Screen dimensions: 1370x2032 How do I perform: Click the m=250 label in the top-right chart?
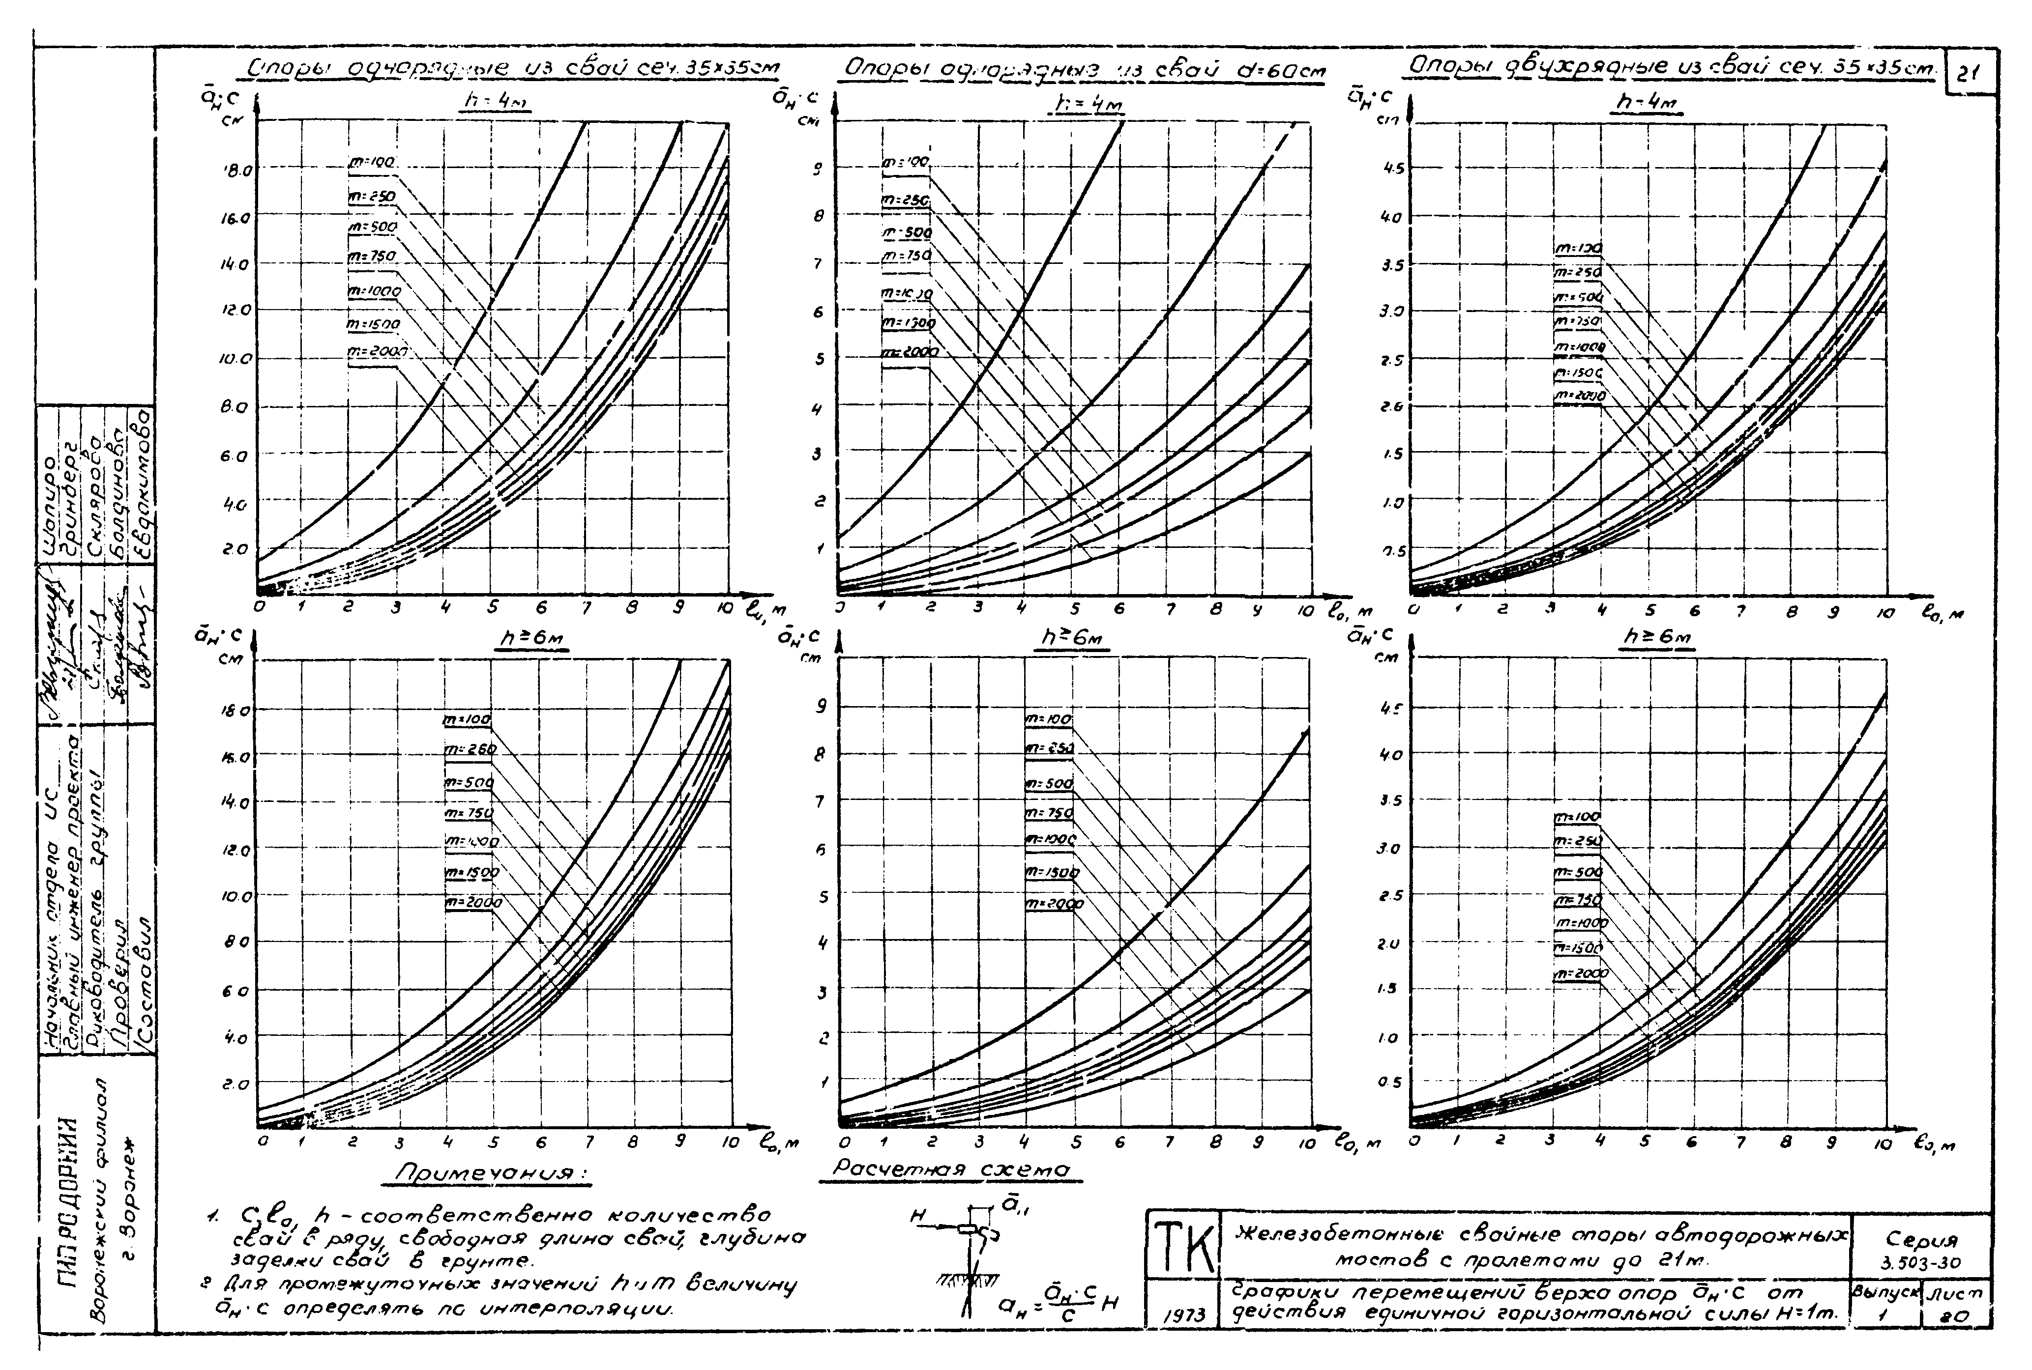coord(1578,273)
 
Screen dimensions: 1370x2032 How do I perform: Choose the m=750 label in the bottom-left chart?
coord(470,813)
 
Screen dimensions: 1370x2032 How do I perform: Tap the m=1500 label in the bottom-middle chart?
coord(1051,872)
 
